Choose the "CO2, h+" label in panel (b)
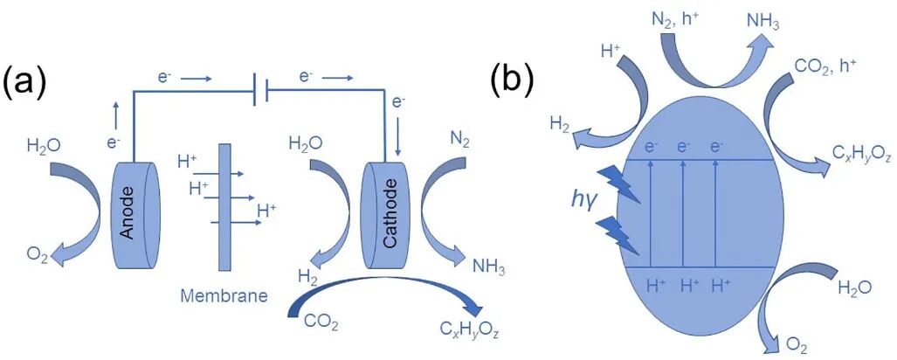point(829,66)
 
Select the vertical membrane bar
point(222,211)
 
